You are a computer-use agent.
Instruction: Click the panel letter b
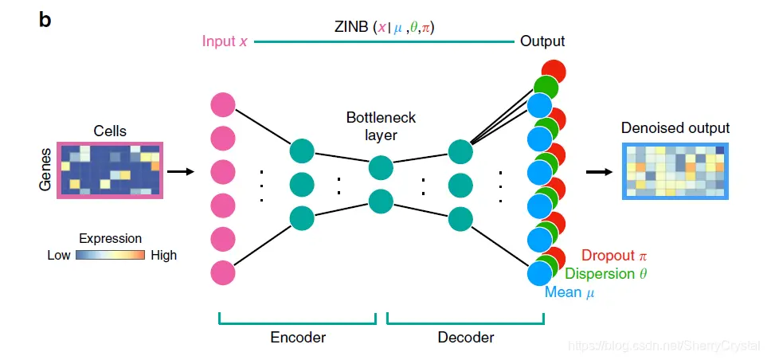tap(45, 20)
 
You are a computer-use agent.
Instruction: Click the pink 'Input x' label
tap(224, 41)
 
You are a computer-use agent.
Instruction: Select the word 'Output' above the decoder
tap(542, 41)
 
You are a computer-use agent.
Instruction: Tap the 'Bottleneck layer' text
tap(381, 127)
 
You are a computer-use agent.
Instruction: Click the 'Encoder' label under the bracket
tap(298, 337)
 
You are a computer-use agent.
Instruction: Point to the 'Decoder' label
tap(466, 337)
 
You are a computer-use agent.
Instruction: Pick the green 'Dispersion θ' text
tap(605, 274)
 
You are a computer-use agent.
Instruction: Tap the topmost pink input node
tap(223, 105)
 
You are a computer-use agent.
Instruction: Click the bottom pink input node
tap(223, 273)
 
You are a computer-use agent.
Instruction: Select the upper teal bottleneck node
tap(381, 168)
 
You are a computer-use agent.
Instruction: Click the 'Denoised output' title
tap(675, 128)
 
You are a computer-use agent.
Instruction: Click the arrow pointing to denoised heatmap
tap(600, 171)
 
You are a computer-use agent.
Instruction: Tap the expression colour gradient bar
tap(110, 256)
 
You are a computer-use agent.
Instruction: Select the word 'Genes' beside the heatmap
tap(45, 169)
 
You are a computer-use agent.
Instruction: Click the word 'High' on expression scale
tap(164, 256)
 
